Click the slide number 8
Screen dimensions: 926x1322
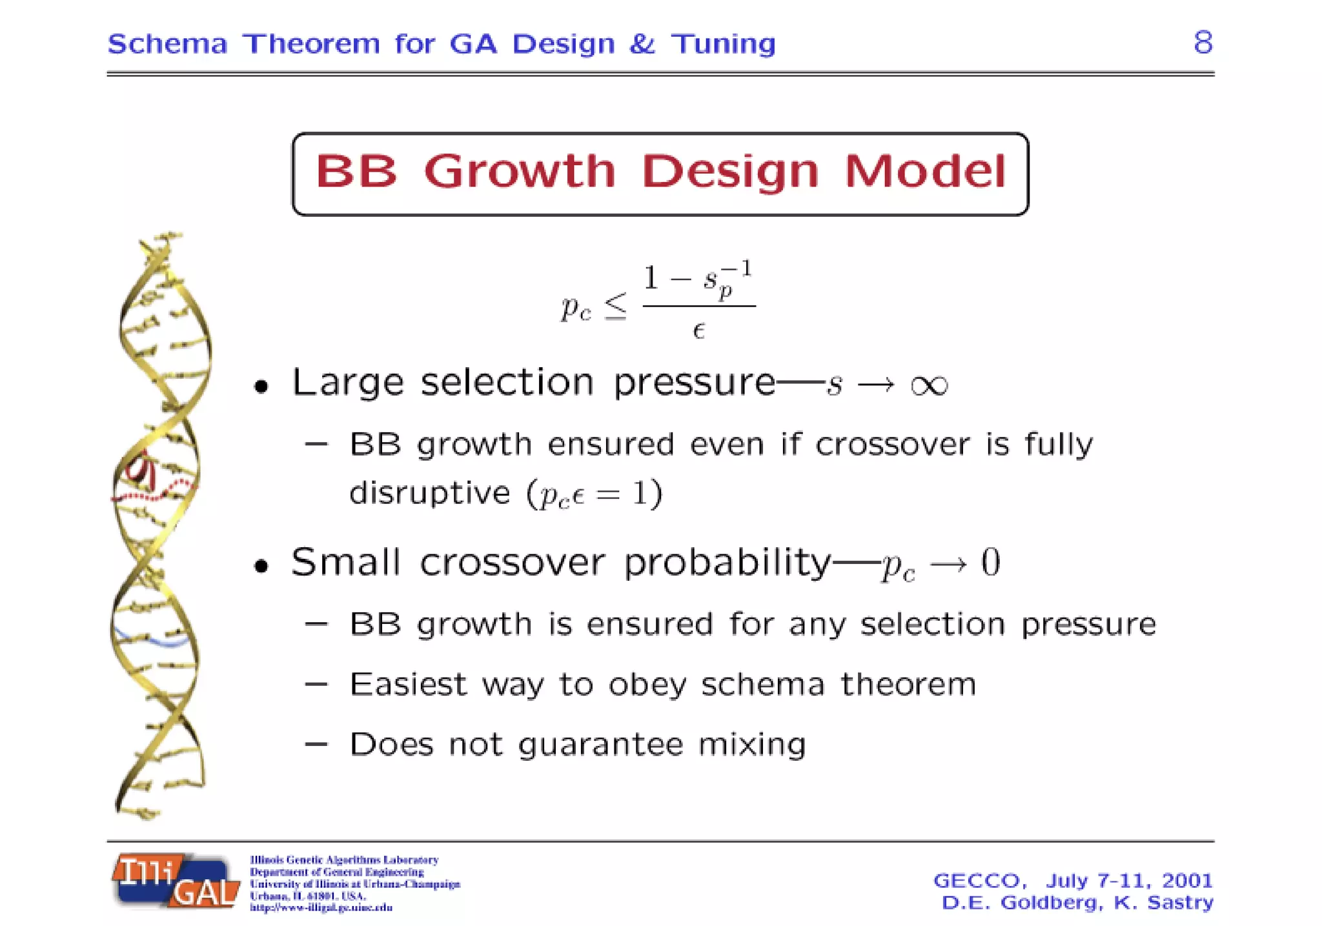pos(1203,43)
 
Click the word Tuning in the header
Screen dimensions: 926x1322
pos(723,44)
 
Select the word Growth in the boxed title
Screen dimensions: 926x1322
pos(520,172)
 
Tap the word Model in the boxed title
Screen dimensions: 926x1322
pos(925,172)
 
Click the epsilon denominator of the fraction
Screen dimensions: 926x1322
pos(698,331)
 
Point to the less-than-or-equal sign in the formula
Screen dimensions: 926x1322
pos(615,307)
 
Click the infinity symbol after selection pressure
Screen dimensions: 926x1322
pos(929,385)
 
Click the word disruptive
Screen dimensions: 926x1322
pos(429,494)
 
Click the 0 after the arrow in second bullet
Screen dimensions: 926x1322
pos(990,562)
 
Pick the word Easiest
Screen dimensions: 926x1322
pos(407,685)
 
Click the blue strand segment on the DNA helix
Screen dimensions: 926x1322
pos(155,639)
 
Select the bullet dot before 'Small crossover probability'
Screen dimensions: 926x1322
pos(261,566)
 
